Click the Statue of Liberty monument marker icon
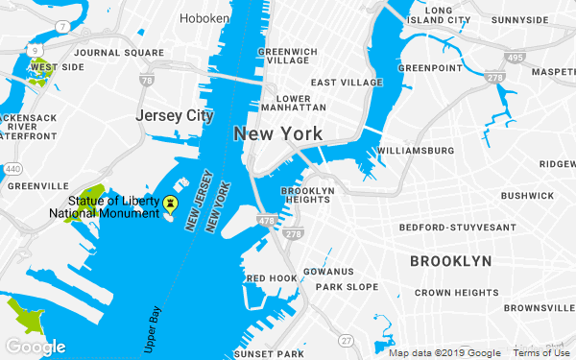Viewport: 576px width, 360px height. (x=171, y=204)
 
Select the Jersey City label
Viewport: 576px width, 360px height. (x=174, y=115)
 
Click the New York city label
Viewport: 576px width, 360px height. (x=277, y=133)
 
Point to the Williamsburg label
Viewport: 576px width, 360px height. (x=416, y=152)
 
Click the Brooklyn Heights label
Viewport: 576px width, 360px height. (x=307, y=197)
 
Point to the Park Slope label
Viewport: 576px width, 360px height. (x=348, y=287)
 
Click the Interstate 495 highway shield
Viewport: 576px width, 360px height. (x=516, y=58)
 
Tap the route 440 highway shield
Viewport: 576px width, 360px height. (x=12, y=169)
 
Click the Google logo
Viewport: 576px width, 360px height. (x=36, y=347)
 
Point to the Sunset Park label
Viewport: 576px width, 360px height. (x=276, y=353)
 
